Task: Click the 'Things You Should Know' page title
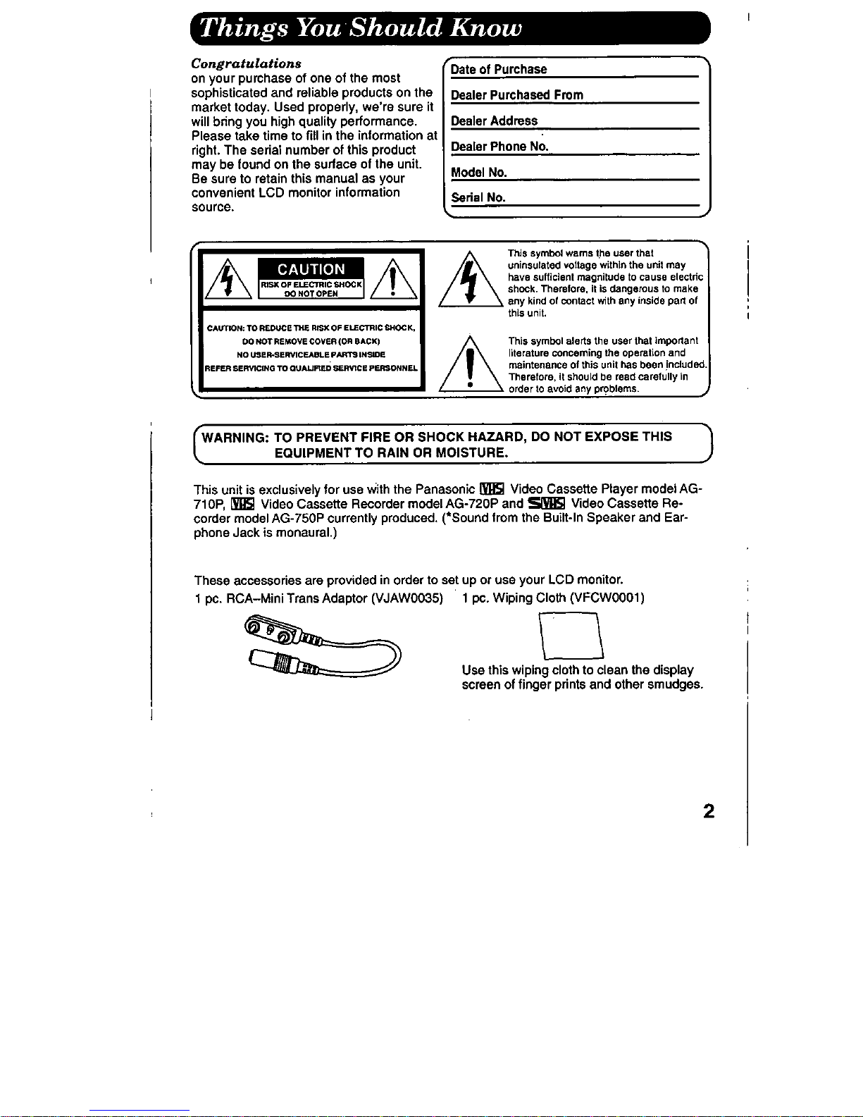pyautogui.click(x=361, y=28)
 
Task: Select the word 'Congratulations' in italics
pyautogui.click(x=247, y=63)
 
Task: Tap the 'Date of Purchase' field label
pyautogui.click(x=498, y=69)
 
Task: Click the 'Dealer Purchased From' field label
pyautogui.click(x=516, y=95)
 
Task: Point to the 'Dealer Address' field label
pyautogui.click(x=494, y=121)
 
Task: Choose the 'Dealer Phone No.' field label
pyautogui.click(x=499, y=147)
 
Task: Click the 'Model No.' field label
pyautogui.click(x=478, y=173)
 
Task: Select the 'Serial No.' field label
pyautogui.click(x=478, y=198)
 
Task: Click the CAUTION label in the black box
pyautogui.click(x=311, y=269)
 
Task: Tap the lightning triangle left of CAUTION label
pyautogui.click(x=226, y=282)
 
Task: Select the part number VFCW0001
pyautogui.click(x=607, y=598)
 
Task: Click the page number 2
pyautogui.click(x=709, y=811)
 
